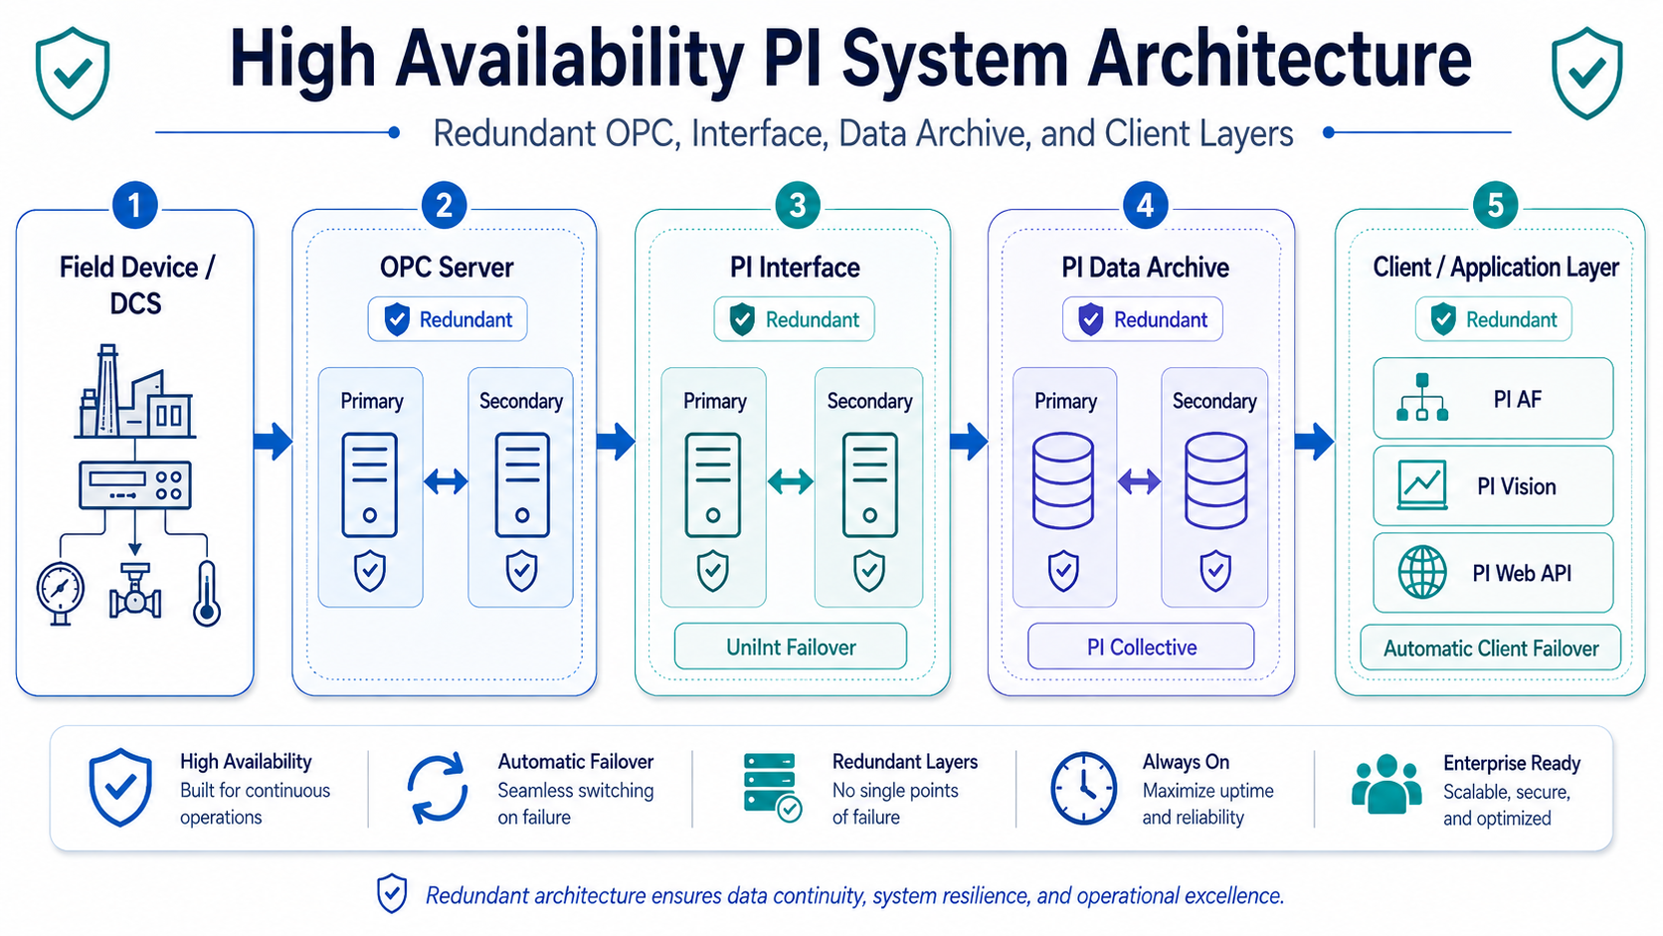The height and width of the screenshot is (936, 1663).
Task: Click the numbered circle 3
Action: pyautogui.click(x=797, y=206)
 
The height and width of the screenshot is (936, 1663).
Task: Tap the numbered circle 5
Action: pyautogui.click(x=1495, y=206)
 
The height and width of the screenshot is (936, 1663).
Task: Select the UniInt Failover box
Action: pyautogui.click(x=791, y=648)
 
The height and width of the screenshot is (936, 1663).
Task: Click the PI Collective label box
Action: pyautogui.click(x=1141, y=648)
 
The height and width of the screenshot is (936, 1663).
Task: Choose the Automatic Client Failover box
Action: pyautogui.click(x=1491, y=648)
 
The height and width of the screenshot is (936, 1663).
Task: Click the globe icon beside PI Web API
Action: pyautogui.click(x=1421, y=572)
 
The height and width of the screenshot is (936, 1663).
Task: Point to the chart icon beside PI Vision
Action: pyautogui.click(x=1421, y=485)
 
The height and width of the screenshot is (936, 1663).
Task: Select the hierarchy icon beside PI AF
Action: pyautogui.click(x=1421, y=398)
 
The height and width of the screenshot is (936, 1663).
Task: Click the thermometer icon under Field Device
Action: pyautogui.click(x=207, y=594)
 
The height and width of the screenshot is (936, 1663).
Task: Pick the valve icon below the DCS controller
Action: pyautogui.click(x=134, y=592)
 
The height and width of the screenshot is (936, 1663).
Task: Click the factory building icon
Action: pyautogui.click(x=135, y=391)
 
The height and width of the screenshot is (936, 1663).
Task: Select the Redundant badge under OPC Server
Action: pyautogui.click(x=448, y=319)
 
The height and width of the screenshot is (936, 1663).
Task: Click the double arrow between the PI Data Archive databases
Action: pyautogui.click(x=1139, y=481)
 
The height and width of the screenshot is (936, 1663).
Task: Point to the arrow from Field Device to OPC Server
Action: pyautogui.click(x=273, y=442)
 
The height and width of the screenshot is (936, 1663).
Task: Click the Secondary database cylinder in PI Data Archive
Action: pyautogui.click(x=1215, y=481)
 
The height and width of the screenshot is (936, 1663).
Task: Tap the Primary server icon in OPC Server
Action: pyautogui.click(x=370, y=484)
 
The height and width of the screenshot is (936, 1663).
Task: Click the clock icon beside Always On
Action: pyautogui.click(x=1083, y=788)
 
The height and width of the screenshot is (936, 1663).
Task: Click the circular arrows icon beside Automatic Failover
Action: pyautogui.click(x=438, y=788)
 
